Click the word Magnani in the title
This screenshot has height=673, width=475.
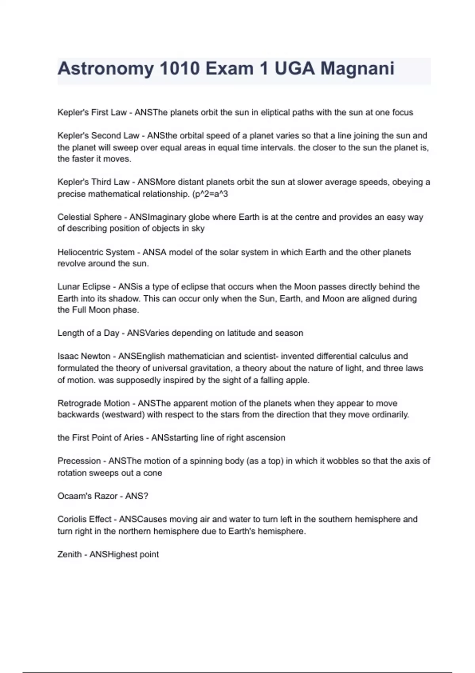tap(357, 68)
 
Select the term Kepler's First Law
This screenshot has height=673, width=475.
tap(92, 112)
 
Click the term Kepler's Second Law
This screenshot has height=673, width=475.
tap(98, 136)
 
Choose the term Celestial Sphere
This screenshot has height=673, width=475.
tap(89, 217)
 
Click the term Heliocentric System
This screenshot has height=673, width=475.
tap(96, 253)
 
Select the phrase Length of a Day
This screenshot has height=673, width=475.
tap(88, 333)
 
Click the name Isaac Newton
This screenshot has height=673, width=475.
tap(84, 356)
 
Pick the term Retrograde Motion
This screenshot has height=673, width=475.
tap(93, 403)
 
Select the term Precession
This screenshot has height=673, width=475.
tap(79, 461)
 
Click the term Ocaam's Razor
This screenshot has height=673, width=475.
tap(87, 496)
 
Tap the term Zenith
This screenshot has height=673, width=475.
tap(69, 555)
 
